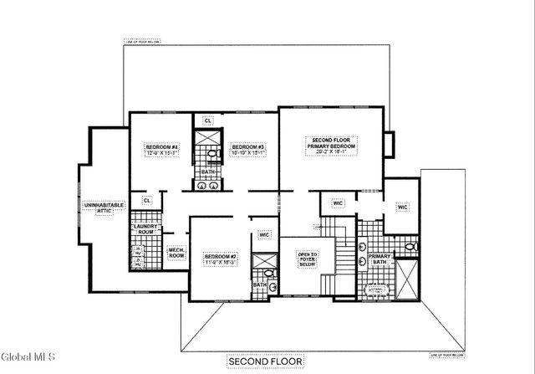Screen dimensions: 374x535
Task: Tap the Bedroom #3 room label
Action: coord(248,147)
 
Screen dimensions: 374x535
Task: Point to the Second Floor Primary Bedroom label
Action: coord(332,143)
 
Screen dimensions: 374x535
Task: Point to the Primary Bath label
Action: coord(380,259)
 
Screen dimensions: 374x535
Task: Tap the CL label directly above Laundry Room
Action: coord(146,201)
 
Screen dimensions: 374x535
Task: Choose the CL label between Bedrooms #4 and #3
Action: coord(208,120)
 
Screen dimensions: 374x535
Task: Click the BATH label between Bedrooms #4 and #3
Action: coord(208,172)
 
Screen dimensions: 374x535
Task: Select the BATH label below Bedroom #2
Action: coord(259,284)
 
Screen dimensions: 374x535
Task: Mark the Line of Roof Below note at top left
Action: coord(143,39)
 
